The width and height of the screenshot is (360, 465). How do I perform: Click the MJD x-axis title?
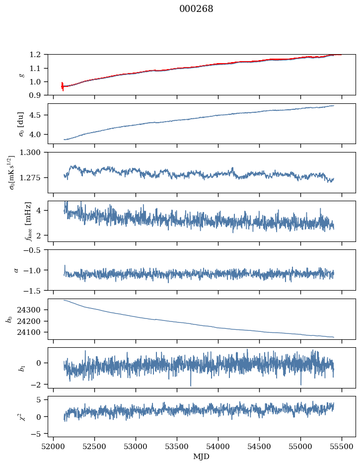pyautogui.click(x=202, y=457)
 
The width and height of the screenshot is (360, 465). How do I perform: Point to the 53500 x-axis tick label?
pyautogui.click(x=177, y=446)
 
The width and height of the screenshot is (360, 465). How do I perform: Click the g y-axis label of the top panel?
pyautogui.click(x=21, y=75)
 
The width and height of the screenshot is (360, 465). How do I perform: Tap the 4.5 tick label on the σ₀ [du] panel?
pyautogui.click(x=38, y=115)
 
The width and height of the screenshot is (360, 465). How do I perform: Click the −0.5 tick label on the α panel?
pyautogui.click(x=34, y=250)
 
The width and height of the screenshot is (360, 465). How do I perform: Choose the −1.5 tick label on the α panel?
pyautogui.click(x=34, y=290)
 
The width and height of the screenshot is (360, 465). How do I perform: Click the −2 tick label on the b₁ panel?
pyautogui.click(x=37, y=385)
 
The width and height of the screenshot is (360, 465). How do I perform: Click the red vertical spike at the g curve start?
pyautogui.click(x=62, y=86)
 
